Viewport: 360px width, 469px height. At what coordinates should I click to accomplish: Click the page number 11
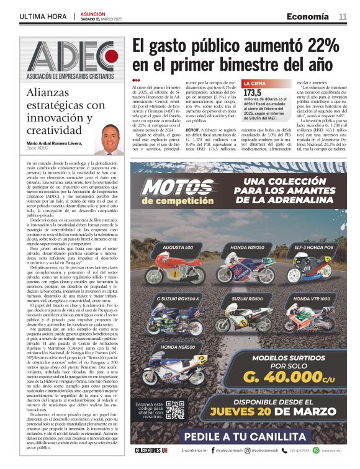[343, 17]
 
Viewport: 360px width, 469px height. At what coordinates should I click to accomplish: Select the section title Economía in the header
[308, 16]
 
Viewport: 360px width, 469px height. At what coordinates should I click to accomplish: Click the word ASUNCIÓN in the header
[93, 13]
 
